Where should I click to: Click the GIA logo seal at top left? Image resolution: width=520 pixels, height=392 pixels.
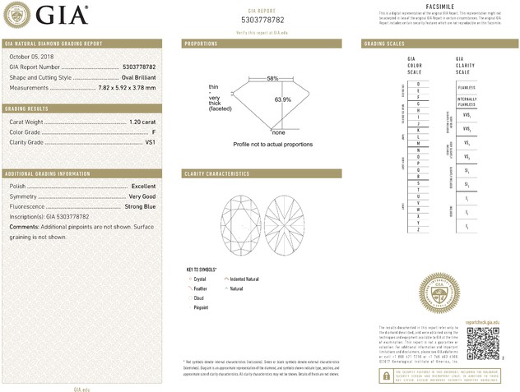(19, 16)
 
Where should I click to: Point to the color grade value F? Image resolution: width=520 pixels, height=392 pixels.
(154, 132)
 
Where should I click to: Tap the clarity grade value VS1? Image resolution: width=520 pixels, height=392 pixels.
(151, 142)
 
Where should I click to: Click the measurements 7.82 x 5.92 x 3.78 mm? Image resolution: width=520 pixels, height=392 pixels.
(127, 87)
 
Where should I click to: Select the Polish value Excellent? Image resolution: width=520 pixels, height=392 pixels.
(143, 187)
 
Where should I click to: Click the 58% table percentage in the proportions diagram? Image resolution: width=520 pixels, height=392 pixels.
(272, 78)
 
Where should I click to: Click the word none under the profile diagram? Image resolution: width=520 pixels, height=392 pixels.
(278, 132)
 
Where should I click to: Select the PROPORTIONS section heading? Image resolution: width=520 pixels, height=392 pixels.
(201, 43)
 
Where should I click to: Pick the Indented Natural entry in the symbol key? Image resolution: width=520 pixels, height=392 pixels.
(244, 279)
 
